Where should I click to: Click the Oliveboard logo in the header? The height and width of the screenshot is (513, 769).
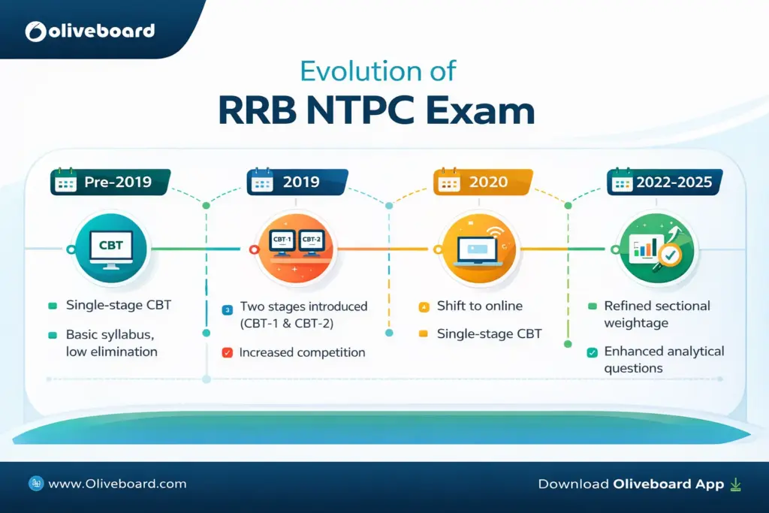click(x=90, y=31)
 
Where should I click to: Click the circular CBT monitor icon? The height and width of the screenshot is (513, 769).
click(x=110, y=249)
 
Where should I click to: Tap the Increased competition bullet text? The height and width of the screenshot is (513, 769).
click(x=302, y=352)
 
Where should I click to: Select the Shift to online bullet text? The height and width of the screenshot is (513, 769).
click(x=479, y=306)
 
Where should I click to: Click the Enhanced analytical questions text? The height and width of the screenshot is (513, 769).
click(x=653, y=360)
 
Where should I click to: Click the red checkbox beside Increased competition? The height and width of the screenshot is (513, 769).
click(x=227, y=352)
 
